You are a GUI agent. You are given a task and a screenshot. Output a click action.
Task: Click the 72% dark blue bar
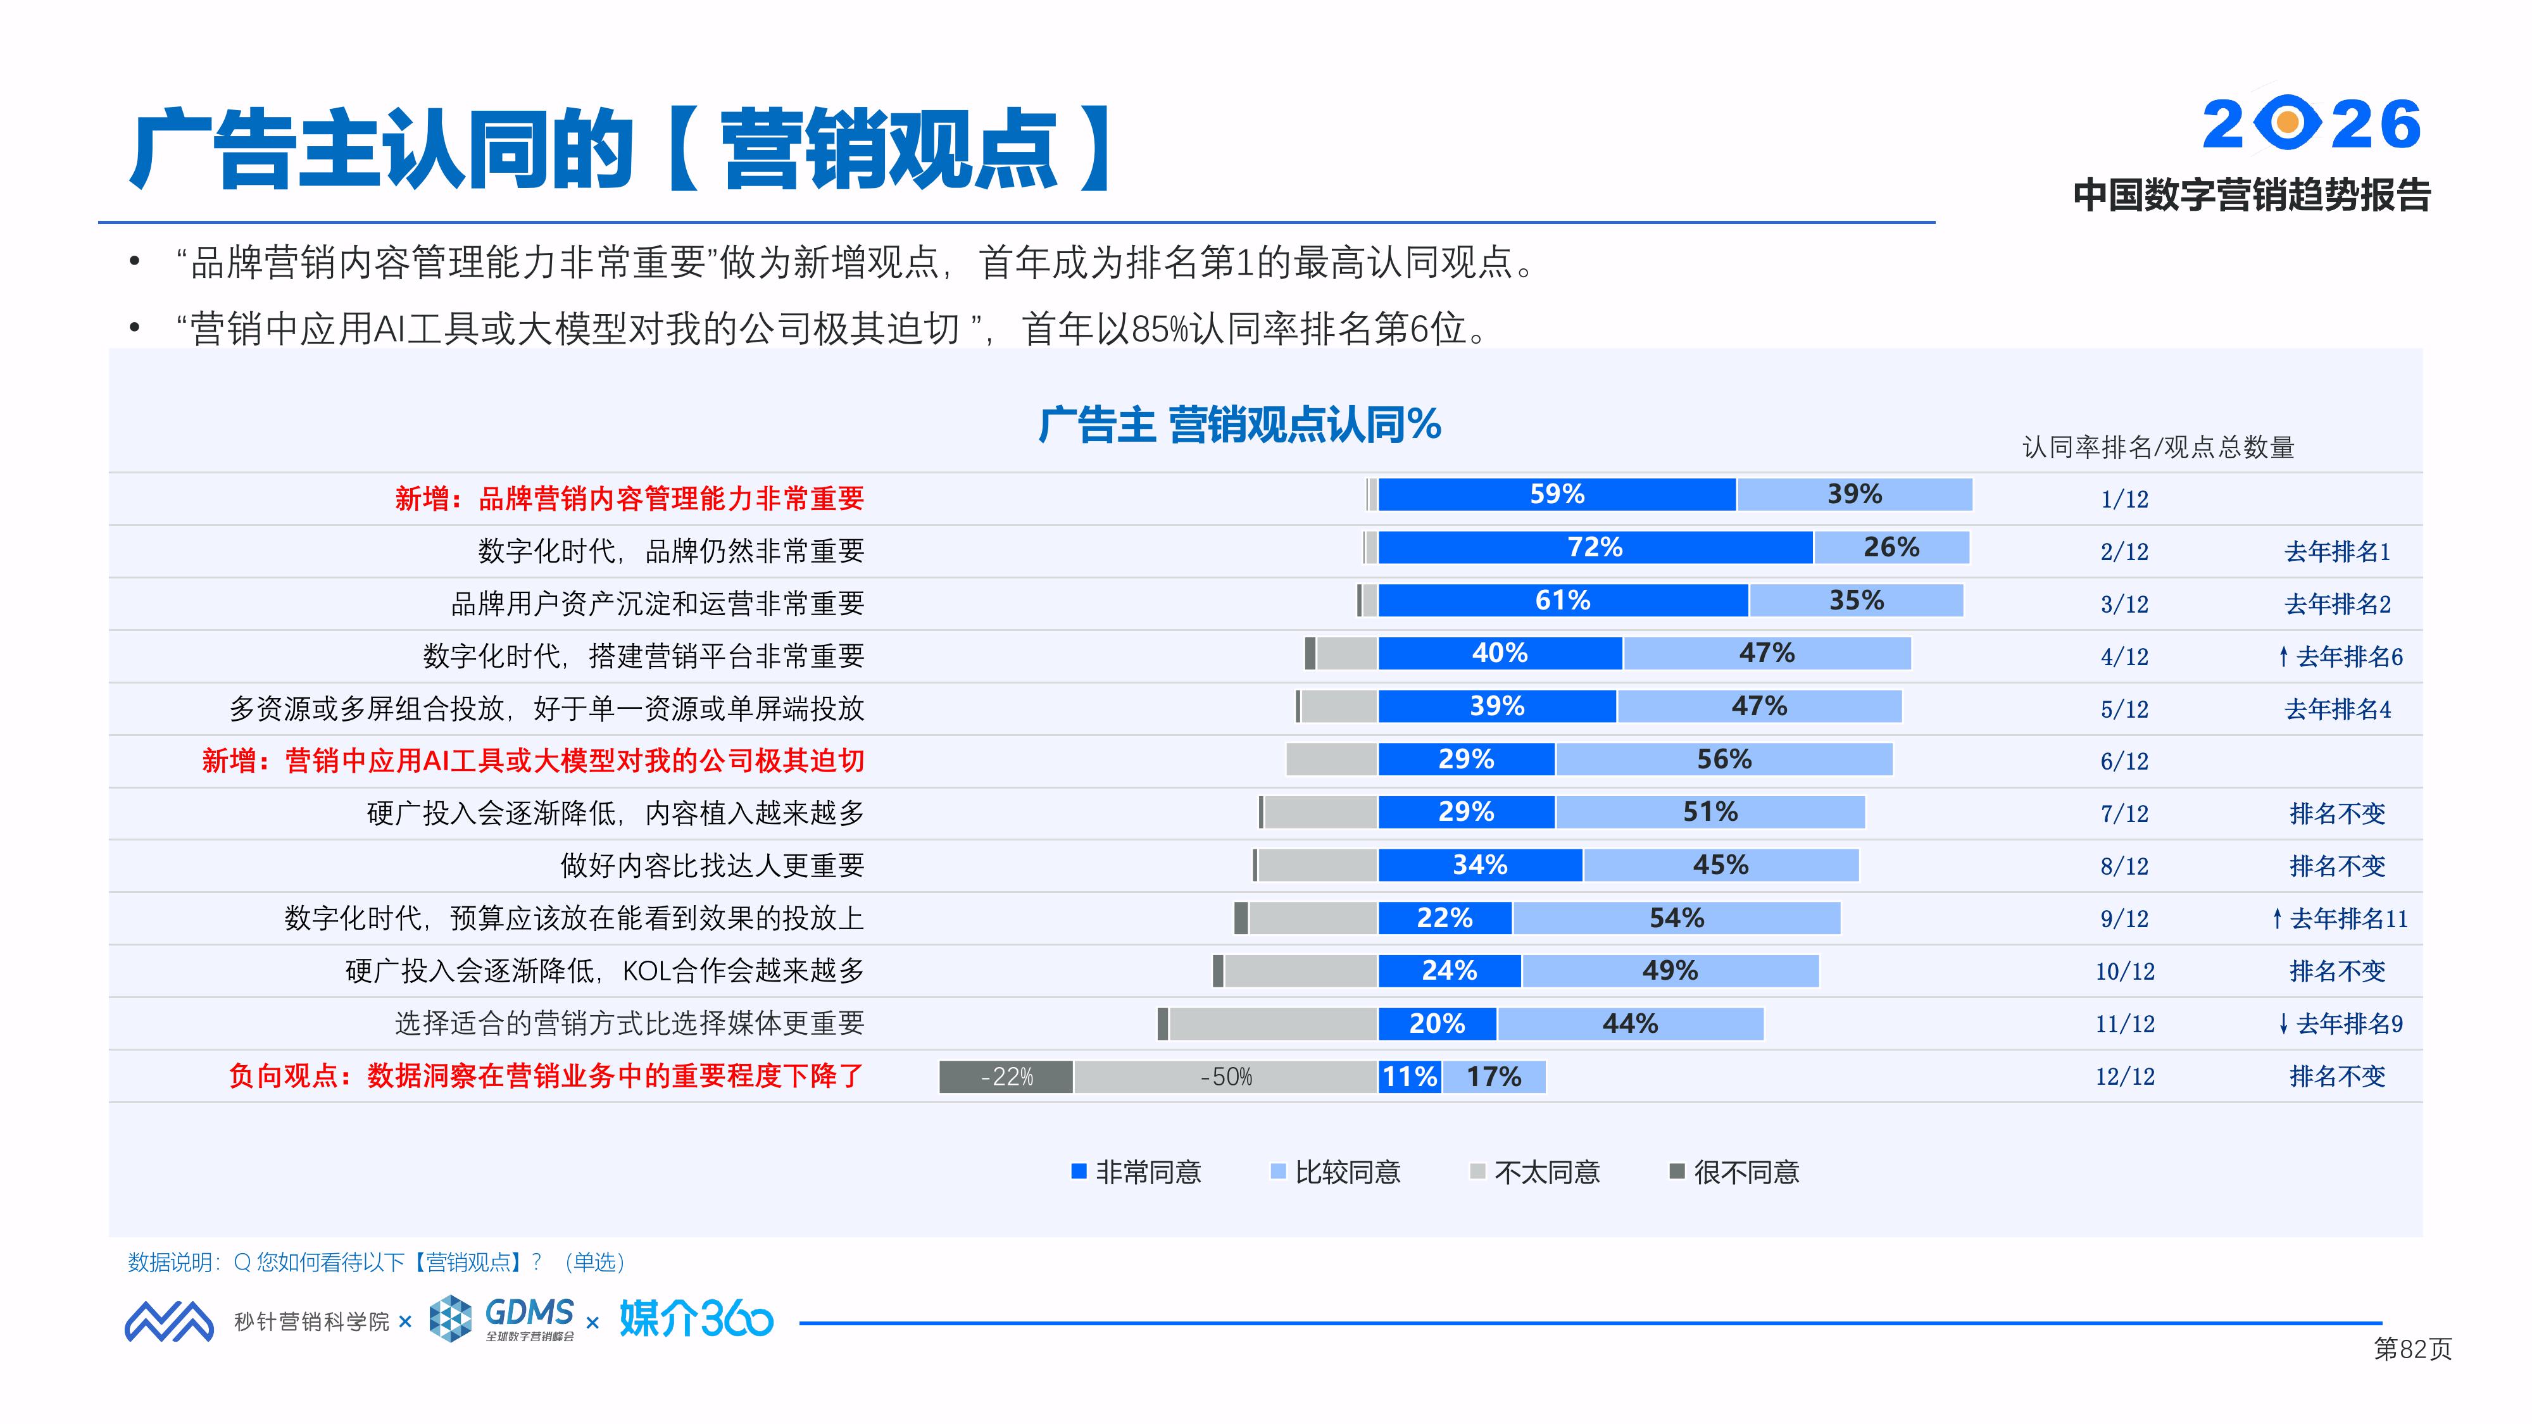(x=1595, y=547)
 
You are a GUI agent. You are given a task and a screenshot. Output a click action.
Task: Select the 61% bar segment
(x=1563, y=601)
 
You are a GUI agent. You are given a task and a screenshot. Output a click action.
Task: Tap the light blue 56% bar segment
(x=1724, y=759)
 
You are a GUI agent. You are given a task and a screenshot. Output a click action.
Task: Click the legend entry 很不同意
(x=1735, y=1172)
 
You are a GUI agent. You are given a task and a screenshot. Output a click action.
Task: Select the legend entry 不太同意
(x=1535, y=1172)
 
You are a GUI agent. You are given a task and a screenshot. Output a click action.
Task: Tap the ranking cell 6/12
(x=2124, y=761)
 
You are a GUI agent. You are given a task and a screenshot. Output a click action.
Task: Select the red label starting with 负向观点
(x=546, y=1076)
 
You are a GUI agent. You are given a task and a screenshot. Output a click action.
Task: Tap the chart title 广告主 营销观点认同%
(x=1239, y=425)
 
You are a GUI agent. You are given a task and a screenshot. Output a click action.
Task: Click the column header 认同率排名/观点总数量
(x=2157, y=448)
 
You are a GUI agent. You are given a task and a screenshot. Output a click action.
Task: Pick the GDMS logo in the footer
(x=503, y=1318)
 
